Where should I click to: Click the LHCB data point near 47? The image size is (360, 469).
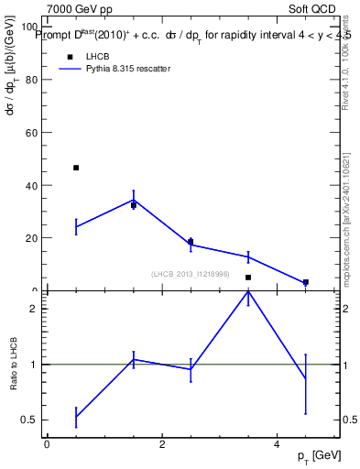(x=76, y=168)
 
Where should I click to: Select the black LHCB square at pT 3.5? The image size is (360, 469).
(x=248, y=277)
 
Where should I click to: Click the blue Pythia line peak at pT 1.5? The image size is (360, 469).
(x=134, y=200)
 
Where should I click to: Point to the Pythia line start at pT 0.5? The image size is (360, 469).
(x=76, y=226)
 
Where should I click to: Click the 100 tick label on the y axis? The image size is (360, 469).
(x=30, y=27)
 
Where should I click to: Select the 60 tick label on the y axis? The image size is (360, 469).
(x=33, y=132)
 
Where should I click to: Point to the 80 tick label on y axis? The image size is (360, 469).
(x=33, y=80)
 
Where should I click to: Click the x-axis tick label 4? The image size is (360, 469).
(x=277, y=445)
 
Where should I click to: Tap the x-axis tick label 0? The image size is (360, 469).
(x=47, y=445)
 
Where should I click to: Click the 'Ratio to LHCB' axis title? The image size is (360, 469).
(x=15, y=365)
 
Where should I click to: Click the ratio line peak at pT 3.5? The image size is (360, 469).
(x=248, y=291)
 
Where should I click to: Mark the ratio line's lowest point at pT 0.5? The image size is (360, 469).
(x=76, y=417)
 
